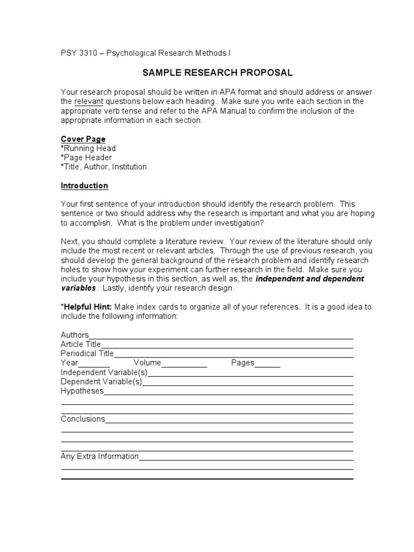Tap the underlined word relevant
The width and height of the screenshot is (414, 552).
pos(88,101)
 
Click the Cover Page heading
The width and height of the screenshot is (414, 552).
pos(83,139)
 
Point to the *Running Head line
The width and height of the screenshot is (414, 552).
pos(88,148)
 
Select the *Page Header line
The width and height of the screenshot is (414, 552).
pos(86,157)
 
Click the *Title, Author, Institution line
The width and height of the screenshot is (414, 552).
pos(103,167)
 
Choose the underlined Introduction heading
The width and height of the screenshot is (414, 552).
pos(84,185)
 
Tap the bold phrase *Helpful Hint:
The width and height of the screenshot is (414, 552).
pos(86,307)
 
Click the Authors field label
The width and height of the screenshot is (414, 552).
pos(74,335)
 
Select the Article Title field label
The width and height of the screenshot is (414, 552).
pos(80,344)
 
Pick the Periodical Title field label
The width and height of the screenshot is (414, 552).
pos(87,354)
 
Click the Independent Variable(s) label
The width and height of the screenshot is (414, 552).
pos(103,372)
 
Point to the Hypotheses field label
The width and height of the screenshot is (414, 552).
pos(81,391)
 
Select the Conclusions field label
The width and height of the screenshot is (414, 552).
pos(82,419)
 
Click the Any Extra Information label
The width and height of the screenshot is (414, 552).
pos(99,456)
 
